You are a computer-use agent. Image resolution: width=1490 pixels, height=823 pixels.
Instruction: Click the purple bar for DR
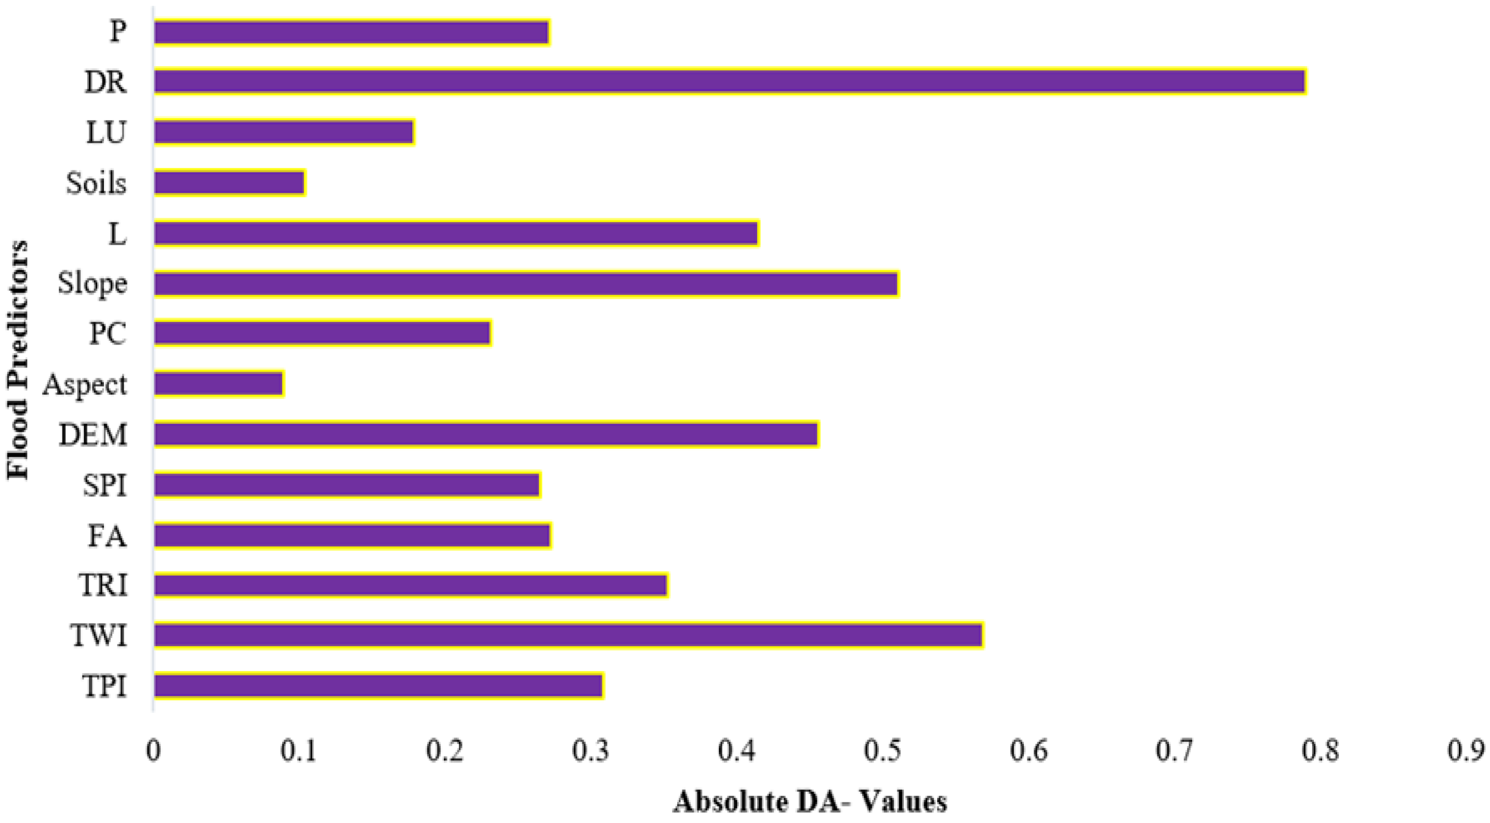pyautogui.click(x=729, y=81)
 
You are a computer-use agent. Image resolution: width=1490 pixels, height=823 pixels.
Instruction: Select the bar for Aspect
pyautogui.click(x=219, y=384)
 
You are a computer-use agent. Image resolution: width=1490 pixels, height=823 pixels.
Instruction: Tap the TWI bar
pyautogui.click(x=568, y=635)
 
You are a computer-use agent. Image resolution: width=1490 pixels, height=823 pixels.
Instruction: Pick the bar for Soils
pyautogui.click(x=229, y=183)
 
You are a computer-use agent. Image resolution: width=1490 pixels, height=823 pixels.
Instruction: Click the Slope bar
pyautogui.click(x=525, y=283)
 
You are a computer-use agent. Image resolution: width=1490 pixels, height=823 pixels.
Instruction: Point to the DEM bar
pyautogui.click(x=486, y=434)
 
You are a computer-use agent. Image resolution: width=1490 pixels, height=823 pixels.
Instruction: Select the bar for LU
pyautogui.click(x=283, y=132)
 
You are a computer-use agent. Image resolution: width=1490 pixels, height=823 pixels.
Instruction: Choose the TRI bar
pyautogui.click(x=411, y=585)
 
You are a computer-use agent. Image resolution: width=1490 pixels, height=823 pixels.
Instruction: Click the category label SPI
pyautogui.click(x=104, y=485)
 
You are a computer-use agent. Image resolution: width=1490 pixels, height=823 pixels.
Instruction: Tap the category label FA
pyautogui.click(x=107, y=536)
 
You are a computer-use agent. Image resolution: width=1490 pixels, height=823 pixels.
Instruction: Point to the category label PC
pyautogui.click(x=108, y=334)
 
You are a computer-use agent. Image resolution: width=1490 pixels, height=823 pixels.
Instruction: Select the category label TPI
pyautogui.click(x=104, y=686)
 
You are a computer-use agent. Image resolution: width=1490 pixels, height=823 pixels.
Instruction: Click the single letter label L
pyautogui.click(x=117, y=234)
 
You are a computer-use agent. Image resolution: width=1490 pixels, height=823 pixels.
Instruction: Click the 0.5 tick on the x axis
pyautogui.click(x=882, y=751)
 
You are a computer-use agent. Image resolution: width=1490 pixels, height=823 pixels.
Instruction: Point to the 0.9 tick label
pyautogui.click(x=1466, y=751)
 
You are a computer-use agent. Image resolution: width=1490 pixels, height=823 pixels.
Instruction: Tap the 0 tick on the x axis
pyautogui.click(x=153, y=751)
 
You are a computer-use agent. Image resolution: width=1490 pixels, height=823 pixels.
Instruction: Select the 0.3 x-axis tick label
pyautogui.click(x=590, y=751)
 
